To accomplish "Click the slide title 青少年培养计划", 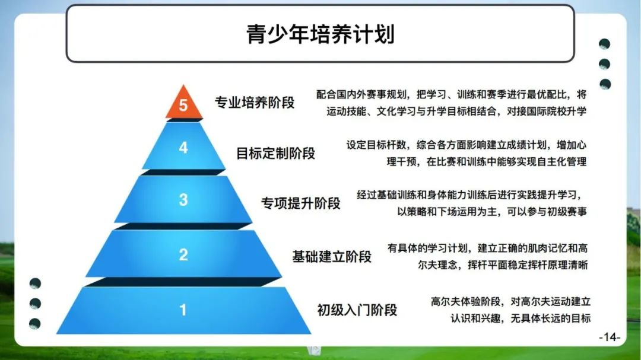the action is point(320,34).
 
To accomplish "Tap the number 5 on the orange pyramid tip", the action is point(183,106).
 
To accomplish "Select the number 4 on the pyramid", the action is point(183,148).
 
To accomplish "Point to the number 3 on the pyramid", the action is point(183,200).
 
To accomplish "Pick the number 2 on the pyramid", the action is point(183,255).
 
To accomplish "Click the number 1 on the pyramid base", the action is point(183,310).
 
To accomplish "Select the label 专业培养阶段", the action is point(255,103).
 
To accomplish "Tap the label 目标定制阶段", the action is point(276,154).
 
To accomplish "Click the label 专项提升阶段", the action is point(301,203).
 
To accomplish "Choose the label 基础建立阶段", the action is point(332,257).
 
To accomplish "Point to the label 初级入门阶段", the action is point(357,310).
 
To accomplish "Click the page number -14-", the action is point(610,337).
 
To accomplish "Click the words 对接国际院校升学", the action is point(547,111).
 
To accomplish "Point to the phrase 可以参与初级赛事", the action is point(547,212).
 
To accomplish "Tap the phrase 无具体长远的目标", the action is point(551,318).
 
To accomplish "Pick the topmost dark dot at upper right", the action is point(605,44).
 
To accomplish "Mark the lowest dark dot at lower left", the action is point(35,324).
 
